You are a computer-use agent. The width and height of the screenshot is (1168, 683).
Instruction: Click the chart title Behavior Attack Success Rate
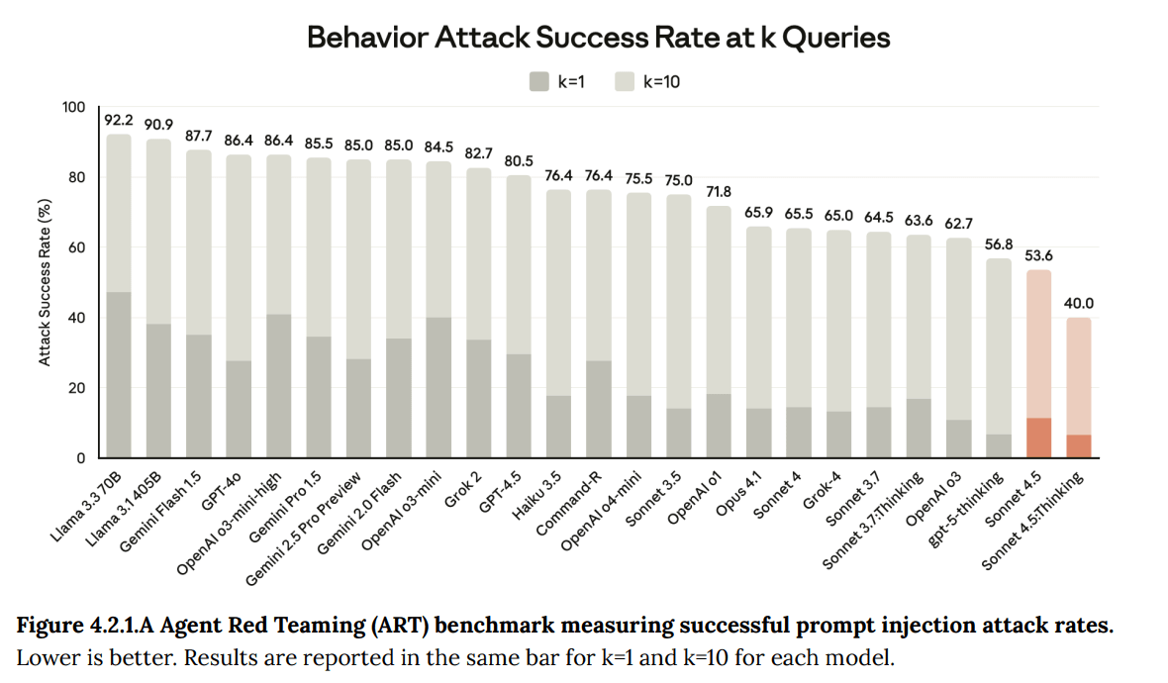click(598, 38)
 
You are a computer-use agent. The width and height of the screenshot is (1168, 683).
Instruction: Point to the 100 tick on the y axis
click(74, 107)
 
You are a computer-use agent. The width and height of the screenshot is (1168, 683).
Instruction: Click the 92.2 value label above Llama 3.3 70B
click(119, 120)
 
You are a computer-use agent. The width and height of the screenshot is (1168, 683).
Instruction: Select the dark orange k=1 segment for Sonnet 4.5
click(1038, 438)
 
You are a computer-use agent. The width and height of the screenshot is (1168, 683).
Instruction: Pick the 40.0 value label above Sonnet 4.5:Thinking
click(1079, 304)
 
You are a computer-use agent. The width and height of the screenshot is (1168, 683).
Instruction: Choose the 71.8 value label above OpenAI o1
click(719, 191)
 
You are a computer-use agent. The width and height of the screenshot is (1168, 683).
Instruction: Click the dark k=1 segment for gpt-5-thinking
click(999, 446)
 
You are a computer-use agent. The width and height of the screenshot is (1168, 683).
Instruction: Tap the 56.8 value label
click(999, 244)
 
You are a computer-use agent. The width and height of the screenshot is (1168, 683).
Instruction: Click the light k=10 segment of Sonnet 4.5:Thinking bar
click(1079, 376)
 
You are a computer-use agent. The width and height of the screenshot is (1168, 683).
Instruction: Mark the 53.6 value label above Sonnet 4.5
click(1038, 255)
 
